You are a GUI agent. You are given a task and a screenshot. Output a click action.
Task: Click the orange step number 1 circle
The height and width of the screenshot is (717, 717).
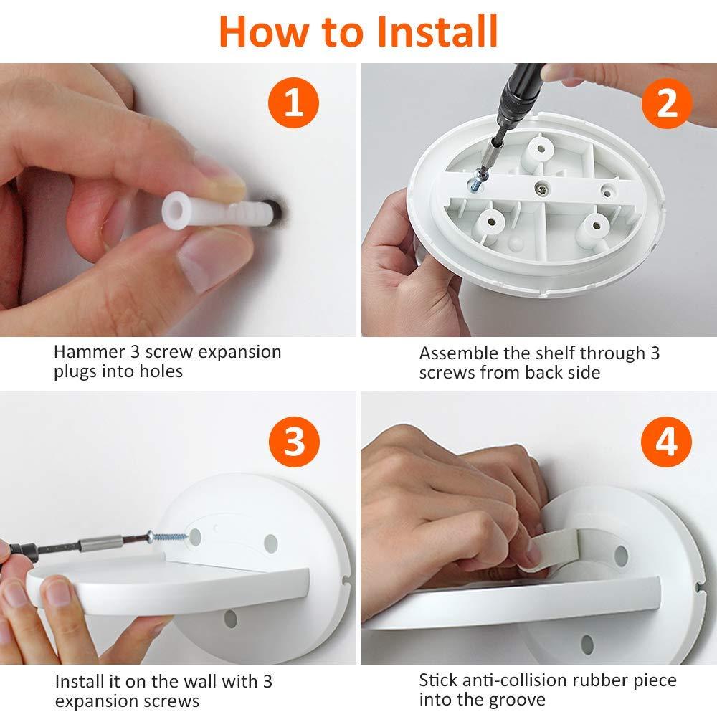point(293,103)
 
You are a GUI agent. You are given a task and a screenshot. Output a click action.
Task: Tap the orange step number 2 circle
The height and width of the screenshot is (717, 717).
point(667,103)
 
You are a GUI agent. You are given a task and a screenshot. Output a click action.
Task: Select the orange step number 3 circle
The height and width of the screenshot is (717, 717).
point(293,441)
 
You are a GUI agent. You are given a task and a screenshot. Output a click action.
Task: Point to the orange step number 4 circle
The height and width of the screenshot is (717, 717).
point(666,441)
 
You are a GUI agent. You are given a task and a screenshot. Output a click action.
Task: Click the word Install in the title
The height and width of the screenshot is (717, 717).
point(437,31)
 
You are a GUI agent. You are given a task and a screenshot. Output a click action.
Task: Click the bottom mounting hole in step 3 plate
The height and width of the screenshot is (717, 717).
point(231,619)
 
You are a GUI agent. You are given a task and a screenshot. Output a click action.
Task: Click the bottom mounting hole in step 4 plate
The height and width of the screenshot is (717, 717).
point(587,645)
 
